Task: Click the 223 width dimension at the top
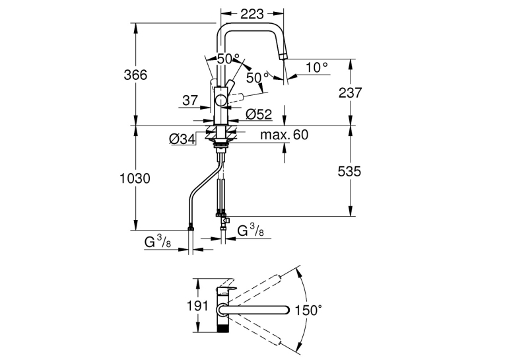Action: [x=252, y=14]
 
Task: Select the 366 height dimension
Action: [x=135, y=75]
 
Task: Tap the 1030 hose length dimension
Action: [x=135, y=178]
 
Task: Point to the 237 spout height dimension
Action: [x=350, y=93]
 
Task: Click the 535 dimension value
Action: [x=349, y=171]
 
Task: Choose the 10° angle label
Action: [x=317, y=67]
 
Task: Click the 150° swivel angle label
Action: [x=308, y=310]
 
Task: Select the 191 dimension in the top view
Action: [x=198, y=306]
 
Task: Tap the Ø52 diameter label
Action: [x=259, y=114]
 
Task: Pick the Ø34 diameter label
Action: [x=182, y=139]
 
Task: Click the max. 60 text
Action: [x=285, y=135]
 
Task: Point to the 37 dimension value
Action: [x=190, y=100]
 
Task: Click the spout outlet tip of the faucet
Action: [x=283, y=57]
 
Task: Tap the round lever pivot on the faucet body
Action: [x=221, y=100]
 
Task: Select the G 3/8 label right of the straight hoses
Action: [x=250, y=231]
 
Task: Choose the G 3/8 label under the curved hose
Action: [x=158, y=241]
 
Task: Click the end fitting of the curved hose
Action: [x=191, y=228]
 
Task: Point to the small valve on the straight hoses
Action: [x=226, y=221]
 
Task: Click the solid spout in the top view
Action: [x=253, y=310]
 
